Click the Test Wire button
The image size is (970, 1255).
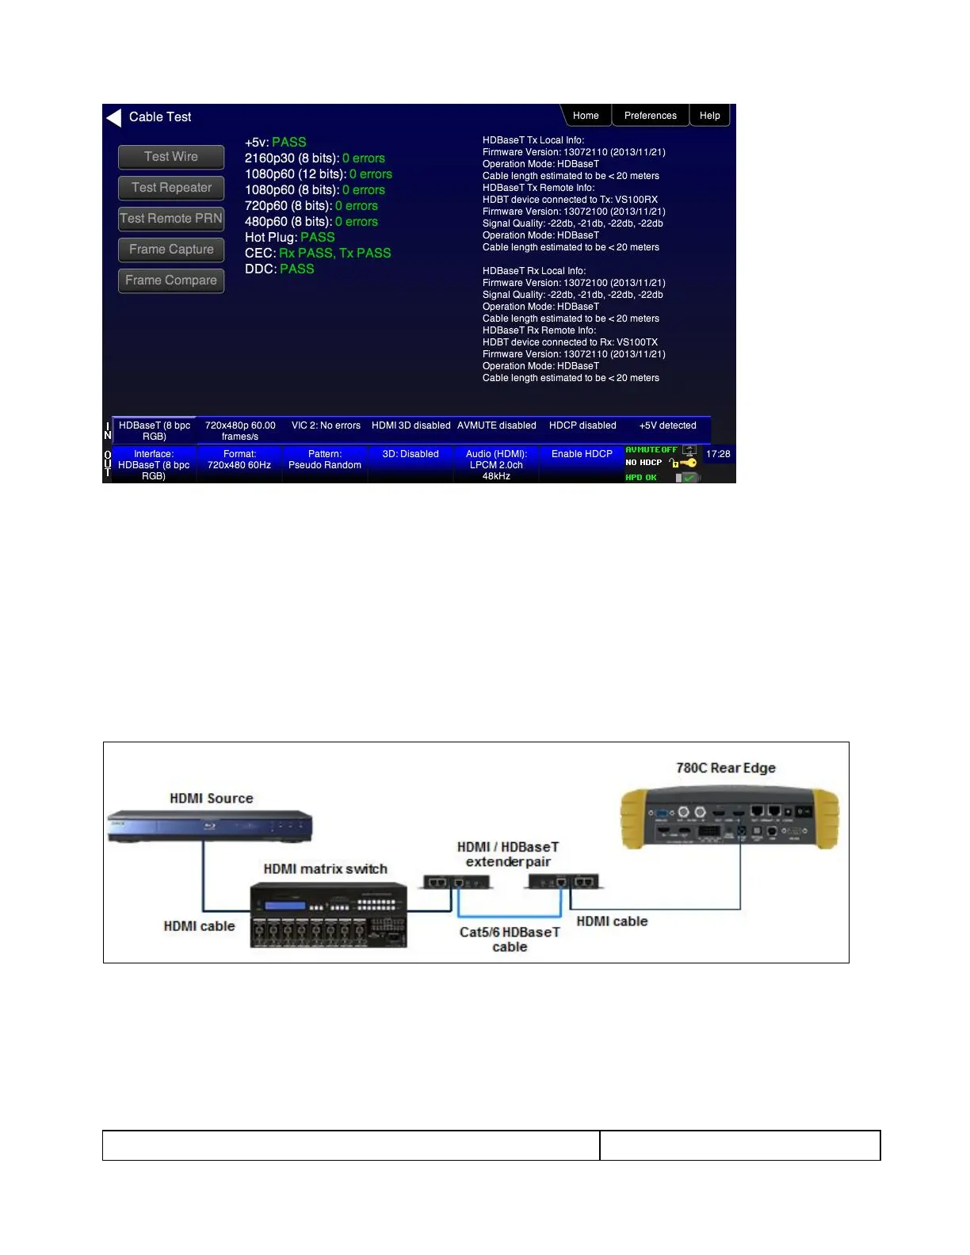tap(171, 157)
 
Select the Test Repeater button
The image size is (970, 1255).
tap(171, 188)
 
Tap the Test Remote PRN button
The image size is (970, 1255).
tap(171, 219)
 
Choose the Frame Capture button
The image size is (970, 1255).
tap(171, 250)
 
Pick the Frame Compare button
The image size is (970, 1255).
tap(171, 280)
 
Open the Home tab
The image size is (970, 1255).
tap(586, 116)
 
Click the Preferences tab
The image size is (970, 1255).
tap(650, 116)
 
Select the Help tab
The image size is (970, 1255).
tap(709, 116)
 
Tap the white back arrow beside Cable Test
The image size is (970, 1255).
tap(114, 117)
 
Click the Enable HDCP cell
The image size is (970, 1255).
tap(582, 455)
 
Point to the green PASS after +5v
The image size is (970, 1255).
tap(288, 142)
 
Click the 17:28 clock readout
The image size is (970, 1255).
tap(718, 454)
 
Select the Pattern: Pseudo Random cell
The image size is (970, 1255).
tap(325, 460)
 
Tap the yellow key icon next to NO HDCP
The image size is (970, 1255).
tap(688, 463)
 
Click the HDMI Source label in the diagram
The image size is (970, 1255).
tap(212, 799)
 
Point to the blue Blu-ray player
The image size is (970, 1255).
tap(210, 826)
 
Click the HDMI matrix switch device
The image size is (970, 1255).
tap(329, 915)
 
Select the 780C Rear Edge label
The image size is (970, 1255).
tap(725, 768)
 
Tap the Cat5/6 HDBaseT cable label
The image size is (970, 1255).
tap(510, 939)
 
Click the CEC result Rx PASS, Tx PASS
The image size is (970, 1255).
tap(334, 253)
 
